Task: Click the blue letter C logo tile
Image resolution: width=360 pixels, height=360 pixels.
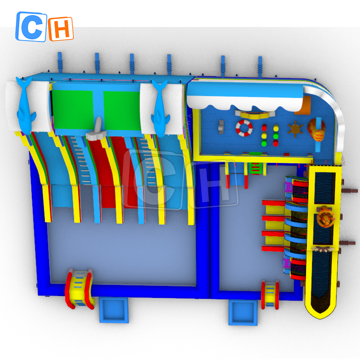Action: (31, 27)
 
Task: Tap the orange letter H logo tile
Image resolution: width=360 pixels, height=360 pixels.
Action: (61, 29)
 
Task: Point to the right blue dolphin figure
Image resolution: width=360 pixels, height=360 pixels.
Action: (160, 108)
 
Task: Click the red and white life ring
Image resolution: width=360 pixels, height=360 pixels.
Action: (244, 128)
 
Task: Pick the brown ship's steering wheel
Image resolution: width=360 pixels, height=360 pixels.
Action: (295, 129)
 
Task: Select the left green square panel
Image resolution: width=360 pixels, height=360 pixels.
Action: (72, 109)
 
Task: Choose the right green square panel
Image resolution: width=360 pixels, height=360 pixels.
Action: (122, 111)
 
